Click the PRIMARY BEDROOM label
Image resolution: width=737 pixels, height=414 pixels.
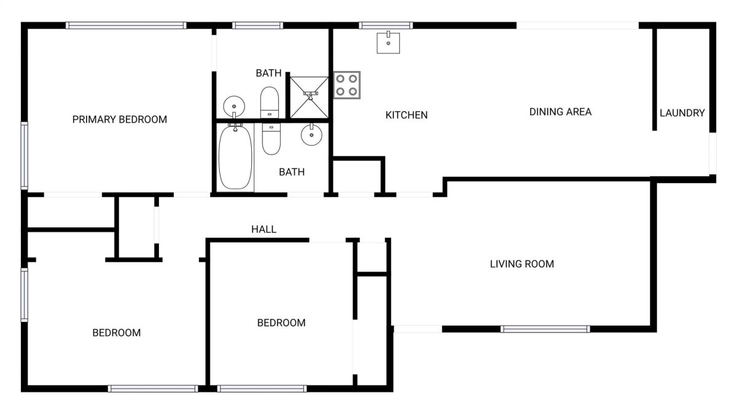point(119,119)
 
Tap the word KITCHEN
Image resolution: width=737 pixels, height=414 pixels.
point(407,115)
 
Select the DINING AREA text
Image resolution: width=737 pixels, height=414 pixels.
point(560,112)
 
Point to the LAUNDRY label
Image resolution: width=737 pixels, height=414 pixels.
point(682,113)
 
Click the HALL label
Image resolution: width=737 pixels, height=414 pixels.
point(263,229)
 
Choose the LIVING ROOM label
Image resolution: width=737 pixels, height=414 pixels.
point(522,264)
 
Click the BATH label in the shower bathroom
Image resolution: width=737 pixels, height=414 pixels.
point(268,73)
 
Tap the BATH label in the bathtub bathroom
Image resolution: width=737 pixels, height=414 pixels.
point(292,172)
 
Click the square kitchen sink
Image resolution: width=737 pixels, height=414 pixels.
point(388,43)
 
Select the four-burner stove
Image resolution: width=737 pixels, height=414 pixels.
point(347,85)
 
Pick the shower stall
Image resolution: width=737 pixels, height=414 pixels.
point(309,98)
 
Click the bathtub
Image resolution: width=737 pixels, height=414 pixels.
point(235,158)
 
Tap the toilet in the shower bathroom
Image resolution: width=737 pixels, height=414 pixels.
point(270,103)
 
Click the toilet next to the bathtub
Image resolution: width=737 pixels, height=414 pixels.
point(271,139)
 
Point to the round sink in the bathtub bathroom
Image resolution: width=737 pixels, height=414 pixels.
point(311,135)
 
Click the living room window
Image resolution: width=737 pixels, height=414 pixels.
point(545,329)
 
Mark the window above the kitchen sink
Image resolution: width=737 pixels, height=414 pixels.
point(386,25)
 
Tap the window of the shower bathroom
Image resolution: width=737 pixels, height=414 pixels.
point(257,25)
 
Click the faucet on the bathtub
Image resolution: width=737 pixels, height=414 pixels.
point(235,127)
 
